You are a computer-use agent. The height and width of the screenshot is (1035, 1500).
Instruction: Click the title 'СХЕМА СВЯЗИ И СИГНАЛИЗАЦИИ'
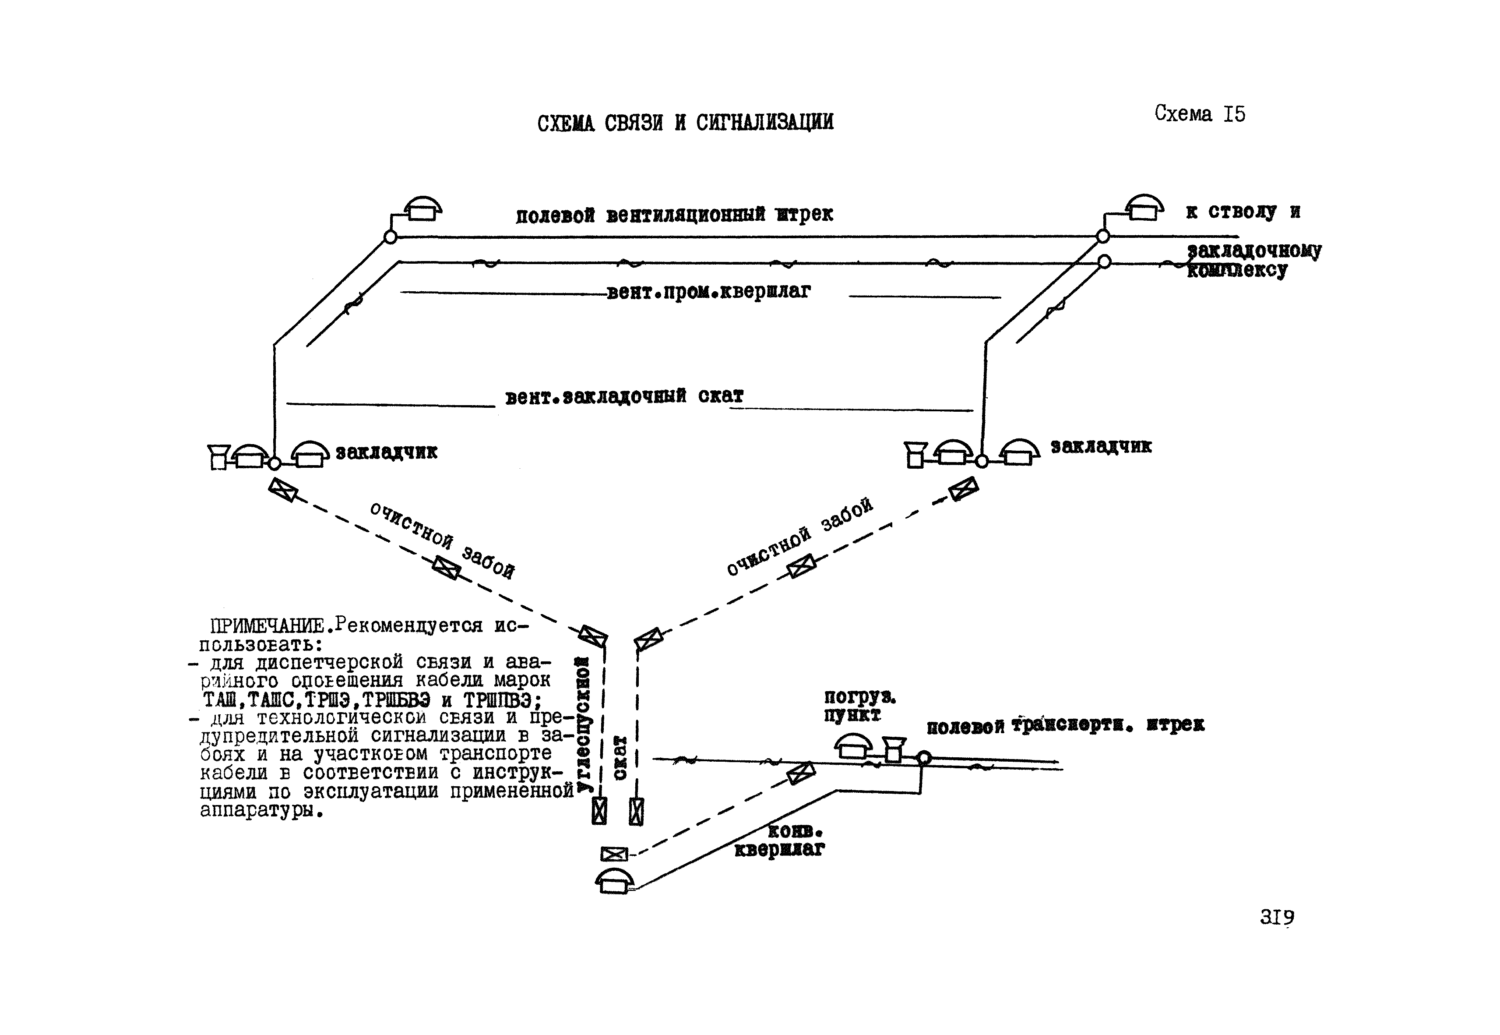pyautogui.click(x=685, y=123)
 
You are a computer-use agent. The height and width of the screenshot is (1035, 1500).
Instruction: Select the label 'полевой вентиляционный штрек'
pyautogui.click(x=674, y=215)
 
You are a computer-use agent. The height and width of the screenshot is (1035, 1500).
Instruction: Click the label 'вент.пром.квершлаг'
pyautogui.click(x=708, y=292)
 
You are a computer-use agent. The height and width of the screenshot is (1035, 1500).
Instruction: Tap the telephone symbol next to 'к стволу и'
pyautogui.click(x=1144, y=208)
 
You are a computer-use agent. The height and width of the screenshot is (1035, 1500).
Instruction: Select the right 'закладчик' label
pyautogui.click(x=1101, y=446)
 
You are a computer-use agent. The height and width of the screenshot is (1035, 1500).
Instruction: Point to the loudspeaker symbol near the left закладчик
pyautogui.click(x=218, y=456)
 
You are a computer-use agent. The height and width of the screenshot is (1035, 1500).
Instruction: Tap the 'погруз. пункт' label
pyautogui.click(x=859, y=706)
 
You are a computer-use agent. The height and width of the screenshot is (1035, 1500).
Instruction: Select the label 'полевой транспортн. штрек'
pyautogui.click(x=1065, y=725)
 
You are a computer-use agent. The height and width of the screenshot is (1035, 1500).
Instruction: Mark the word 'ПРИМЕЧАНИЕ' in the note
pyautogui.click(x=267, y=626)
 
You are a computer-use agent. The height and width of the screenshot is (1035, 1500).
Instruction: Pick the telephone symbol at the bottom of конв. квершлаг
pyautogui.click(x=614, y=881)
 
